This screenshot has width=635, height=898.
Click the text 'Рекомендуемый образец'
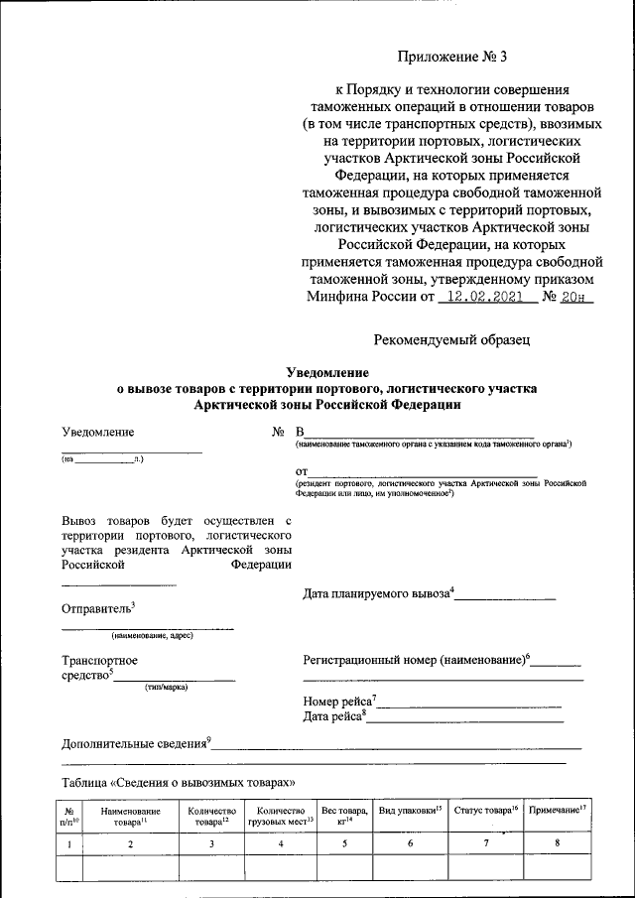[451, 339]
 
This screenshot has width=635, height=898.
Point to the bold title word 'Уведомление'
[325, 372]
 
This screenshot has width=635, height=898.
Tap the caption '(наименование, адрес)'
[151, 635]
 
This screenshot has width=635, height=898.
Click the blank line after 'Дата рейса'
[465, 717]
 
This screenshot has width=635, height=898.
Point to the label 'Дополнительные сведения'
[134, 742]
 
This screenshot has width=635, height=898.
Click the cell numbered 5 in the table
[342, 844]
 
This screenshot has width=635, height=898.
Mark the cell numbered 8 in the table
[557, 844]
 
